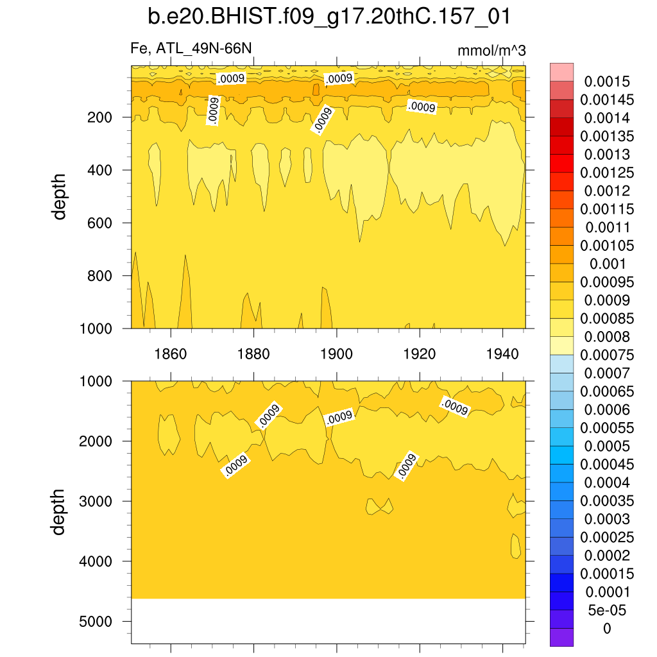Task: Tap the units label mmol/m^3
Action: [x=491, y=51]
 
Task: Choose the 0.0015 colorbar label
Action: [x=607, y=81]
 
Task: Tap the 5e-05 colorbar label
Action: [x=607, y=610]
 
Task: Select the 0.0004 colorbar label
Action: [x=607, y=482]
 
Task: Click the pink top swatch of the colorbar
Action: [x=561, y=72]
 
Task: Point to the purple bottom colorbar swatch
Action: [x=561, y=637]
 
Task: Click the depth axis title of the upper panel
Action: [x=60, y=196]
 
